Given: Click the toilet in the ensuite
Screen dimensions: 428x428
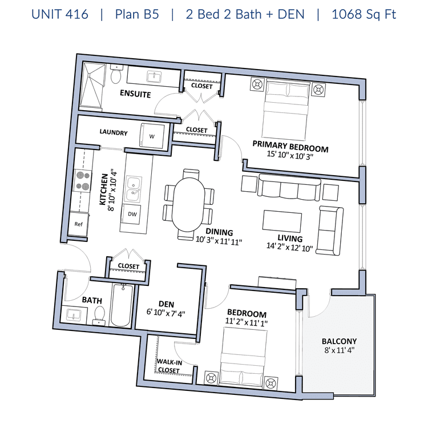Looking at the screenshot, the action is pyautogui.click(x=116, y=74).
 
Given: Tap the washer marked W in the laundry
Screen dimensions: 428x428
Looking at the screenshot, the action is pyautogui.click(x=152, y=136).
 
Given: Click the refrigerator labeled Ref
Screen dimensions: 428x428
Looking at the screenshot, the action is pyautogui.click(x=78, y=224).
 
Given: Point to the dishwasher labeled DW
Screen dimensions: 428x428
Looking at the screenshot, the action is pyautogui.click(x=132, y=214).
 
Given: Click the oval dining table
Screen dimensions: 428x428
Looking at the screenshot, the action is pyautogui.click(x=189, y=204).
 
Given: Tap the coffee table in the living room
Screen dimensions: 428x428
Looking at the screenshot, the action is pyautogui.click(x=282, y=220).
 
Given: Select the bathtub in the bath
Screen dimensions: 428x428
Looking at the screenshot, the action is pyautogui.click(x=122, y=305).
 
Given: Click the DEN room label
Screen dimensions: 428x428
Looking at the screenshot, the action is pyautogui.click(x=166, y=304).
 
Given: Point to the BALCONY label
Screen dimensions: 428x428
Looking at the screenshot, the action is pyautogui.click(x=340, y=341).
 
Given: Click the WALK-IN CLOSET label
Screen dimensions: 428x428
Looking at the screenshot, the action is pyautogui.click(x=169, y=366).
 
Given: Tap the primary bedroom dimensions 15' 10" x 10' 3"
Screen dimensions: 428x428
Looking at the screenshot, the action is pyautogui.click(x=290, y=155).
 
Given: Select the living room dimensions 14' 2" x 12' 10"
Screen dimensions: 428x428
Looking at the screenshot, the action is pyautogui.click(x=289, y=247).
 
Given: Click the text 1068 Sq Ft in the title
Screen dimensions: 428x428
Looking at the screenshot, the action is pyautogui.click(x=364, y=14).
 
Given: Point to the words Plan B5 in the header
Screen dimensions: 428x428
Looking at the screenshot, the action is pyautogui.click(x=137, y=14).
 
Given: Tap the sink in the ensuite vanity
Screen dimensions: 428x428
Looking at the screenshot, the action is pyautogui.click(x=154, y=76).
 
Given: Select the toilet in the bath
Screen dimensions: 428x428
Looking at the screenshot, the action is pyautogui.click(x=99, y=315).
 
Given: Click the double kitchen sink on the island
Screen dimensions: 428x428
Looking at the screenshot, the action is pyautogui.click(x=133, y=189).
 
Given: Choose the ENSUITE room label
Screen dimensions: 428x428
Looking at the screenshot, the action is pyautogui.click(x=135, y=94).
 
